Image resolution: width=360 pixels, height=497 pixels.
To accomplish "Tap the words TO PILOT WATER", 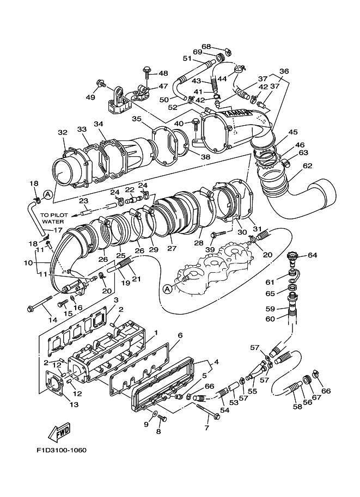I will tap(52, 218).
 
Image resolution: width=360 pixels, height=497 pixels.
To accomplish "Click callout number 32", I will tap(63, 132).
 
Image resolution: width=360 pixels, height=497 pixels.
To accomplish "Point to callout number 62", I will tap(308, 165).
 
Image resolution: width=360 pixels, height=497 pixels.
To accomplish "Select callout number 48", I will tap(163, 73).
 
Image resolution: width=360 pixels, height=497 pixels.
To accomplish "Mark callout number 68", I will tap(206, 46).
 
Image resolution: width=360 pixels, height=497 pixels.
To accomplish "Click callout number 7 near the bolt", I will tap(206, 428).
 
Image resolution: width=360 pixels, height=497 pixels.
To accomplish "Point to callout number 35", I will tap(136, 119).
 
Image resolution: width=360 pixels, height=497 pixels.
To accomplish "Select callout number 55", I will tap(253, 391).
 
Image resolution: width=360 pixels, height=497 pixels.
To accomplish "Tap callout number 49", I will tap(90, 97).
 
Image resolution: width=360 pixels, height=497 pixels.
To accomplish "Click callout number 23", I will tap(83, 200).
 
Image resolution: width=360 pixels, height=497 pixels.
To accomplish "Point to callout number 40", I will tap(178, 124).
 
